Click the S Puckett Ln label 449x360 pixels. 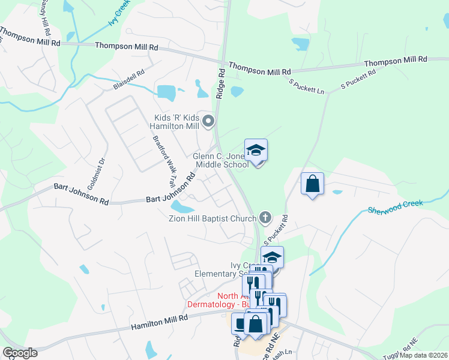[x=306, y=86]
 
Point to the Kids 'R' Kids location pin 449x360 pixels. [x=208, y=122]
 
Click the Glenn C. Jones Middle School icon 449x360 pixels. [x=256, y=151]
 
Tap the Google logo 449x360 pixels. [x=20, y=353]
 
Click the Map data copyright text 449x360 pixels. [x=424, y=355]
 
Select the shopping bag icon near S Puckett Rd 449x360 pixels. [x=313, y=184]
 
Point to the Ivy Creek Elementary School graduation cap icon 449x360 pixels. [x=272, y=257]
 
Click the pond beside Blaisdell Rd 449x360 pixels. [x=166, y=92]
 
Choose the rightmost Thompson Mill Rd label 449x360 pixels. [x=395, y=61]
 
